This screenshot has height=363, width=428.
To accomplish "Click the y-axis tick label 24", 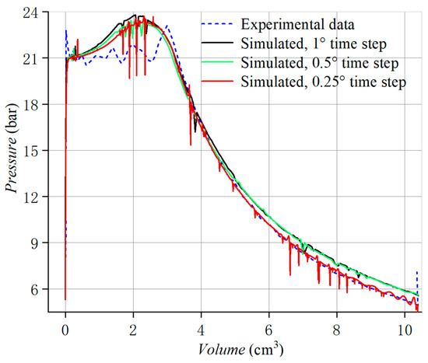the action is coord(30,12).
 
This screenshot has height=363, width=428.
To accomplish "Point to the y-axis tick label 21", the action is coord(30,58).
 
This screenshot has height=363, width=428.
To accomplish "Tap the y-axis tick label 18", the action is coord(30,105).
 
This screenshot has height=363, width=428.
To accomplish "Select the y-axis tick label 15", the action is coord(30,151).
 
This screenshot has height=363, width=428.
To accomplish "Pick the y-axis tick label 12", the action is coord(30,197).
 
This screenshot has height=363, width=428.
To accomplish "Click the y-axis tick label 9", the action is coord(34,243).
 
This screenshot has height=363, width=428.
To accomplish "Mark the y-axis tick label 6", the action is coord(34,289).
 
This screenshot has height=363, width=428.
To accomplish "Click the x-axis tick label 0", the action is coord(65,330).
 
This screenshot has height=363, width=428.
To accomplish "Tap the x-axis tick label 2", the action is coord(133,330).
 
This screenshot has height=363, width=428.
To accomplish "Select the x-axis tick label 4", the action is coord(201,330).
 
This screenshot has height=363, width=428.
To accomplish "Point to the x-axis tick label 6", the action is coord(269,330).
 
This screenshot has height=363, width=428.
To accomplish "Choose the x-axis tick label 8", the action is coord(336,330).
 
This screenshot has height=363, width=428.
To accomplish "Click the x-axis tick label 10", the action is coord(405,330).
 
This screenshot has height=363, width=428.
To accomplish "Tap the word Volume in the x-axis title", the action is coord(222,349).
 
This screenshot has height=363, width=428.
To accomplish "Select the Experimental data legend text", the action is coord(297,25).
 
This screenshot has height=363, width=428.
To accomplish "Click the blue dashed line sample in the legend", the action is coord(217,24).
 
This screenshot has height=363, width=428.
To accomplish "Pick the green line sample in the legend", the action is coord(217,62).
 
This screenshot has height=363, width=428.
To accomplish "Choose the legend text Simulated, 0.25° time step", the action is coord(324,82).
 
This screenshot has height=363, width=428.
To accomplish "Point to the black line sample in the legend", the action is coord(217,43).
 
